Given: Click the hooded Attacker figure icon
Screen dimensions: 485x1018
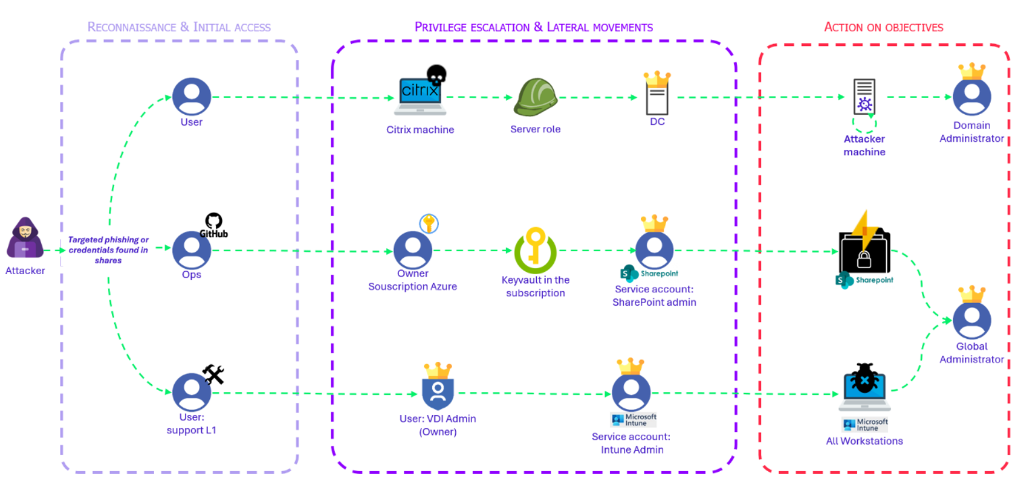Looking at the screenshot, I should click(x=25, y=238).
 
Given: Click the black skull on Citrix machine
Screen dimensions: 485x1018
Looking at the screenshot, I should click(x=436, y=74).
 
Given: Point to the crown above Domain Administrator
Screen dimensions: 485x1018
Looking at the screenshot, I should click(x=972, y=71).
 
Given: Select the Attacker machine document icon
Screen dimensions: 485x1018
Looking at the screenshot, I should click(x=864, y=97).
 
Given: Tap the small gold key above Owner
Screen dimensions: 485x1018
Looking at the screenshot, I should click(x=429, y=223).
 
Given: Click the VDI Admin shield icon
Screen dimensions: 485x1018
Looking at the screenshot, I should click(x=438, y=393).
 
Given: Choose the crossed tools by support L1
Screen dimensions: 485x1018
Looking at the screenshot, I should click(x=213, y=374).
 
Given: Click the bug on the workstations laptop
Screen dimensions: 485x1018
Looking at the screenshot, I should click(x=864, y=379).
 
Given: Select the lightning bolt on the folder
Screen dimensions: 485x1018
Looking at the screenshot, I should click(x=866, y=230).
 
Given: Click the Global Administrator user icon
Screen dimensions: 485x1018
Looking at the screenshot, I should click(x=971, y=320).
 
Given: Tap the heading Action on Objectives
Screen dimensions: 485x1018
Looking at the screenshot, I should click(x=883, y=27).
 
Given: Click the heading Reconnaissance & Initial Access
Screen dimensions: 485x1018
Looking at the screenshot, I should click(x=179, y=27).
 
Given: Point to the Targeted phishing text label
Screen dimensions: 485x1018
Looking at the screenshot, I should click(x=108, y=249).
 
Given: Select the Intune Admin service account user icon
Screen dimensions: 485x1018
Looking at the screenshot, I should click(x=631, y=393).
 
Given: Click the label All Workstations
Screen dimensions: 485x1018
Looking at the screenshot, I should click(x=864, y=441).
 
